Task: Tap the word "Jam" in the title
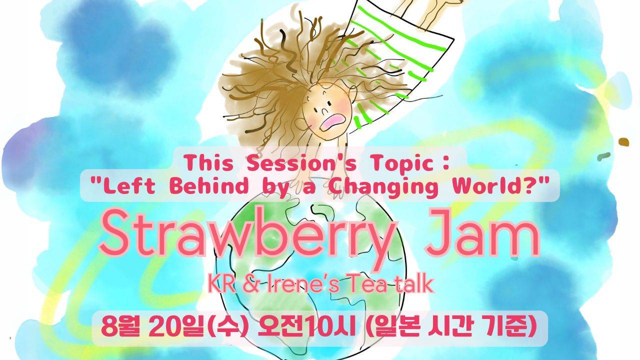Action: [x=482, y=233]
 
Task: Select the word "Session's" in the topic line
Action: [x=301, y=163]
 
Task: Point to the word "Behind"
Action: [x=208, y=185]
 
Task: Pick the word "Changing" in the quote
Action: [x=383, y=187]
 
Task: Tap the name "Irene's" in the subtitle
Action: [x=302, y=283]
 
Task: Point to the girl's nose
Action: [x=322, y=111]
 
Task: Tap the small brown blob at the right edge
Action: [x=624, y=142]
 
